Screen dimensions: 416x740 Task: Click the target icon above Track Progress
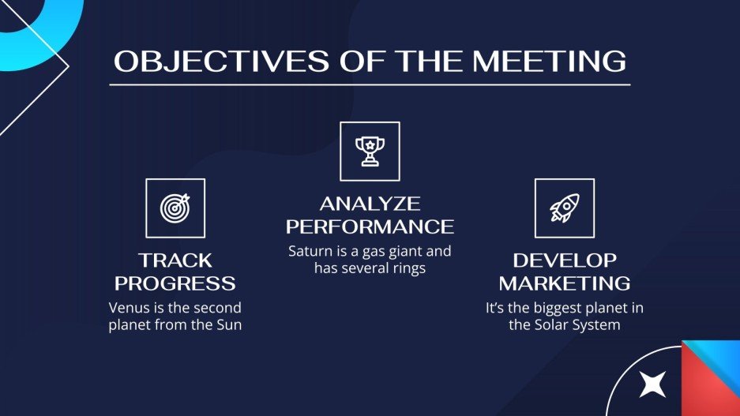pos(175,208)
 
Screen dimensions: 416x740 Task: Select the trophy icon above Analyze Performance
pos(370,151)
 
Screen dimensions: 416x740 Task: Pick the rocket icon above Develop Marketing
pos(564,208)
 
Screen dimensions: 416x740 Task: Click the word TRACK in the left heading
pos(175,260)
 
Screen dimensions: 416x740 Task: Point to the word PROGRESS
pos(175,283)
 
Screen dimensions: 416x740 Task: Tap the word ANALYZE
pos(370,204)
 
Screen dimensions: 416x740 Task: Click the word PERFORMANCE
pos(370,227)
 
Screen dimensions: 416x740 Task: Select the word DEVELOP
pos(564,260)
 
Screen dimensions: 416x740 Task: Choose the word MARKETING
pos(564,283)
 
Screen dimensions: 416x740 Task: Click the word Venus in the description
pos(128,308)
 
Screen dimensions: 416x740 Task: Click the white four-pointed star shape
pos(652,383)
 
